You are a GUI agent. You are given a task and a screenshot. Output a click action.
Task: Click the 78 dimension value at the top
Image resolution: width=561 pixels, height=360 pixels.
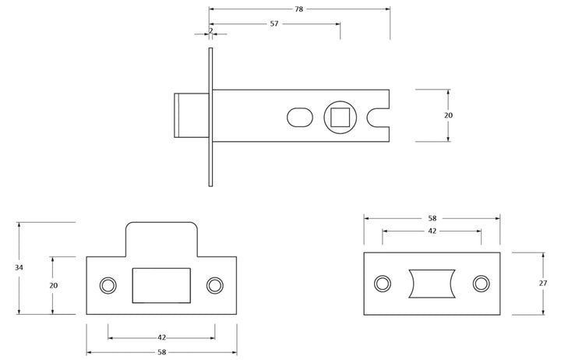[x=298, y=9]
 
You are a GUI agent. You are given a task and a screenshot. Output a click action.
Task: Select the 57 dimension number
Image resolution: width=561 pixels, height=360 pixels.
[x=274, y=24]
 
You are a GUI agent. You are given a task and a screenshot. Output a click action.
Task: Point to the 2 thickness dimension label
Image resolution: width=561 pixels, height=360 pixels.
[x=211, y=30]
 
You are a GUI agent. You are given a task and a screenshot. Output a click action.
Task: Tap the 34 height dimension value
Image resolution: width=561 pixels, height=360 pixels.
[x=19, y=267]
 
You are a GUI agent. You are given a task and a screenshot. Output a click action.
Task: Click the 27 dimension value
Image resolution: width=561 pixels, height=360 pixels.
[x=543, y=283]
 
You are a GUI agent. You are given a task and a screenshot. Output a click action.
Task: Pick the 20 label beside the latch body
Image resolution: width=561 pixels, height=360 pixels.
[x=448, y=115]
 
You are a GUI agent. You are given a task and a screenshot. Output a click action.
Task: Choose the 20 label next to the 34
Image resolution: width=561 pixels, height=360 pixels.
[x=53, y=285]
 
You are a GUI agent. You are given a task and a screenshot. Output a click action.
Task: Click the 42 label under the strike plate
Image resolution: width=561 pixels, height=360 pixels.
[x=162, y=337]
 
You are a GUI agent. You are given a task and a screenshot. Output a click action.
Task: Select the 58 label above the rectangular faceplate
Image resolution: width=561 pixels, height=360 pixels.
[x=432, y=218]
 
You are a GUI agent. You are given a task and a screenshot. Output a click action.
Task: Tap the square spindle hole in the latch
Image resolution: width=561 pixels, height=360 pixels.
[x=340, y=118]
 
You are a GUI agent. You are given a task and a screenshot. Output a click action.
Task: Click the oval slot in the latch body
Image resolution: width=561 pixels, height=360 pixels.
[x=300, y=118]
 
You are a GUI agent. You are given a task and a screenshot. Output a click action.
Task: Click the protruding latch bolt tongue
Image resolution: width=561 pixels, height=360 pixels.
[x=192, y=115]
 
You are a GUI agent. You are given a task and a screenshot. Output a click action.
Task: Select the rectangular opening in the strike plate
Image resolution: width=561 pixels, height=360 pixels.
[x=161, y=285]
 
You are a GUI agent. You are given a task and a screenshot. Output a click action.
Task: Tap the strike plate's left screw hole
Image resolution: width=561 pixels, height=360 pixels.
[x=108, y=285]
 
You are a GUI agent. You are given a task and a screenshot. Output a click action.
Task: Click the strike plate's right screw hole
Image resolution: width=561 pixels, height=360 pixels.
[x=215, y=285]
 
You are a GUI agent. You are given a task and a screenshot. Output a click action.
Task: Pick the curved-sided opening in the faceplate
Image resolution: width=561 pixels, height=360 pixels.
[x=432, y=284]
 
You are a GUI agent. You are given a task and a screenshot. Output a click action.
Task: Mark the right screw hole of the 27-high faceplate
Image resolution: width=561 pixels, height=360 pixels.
[x=482, y=284]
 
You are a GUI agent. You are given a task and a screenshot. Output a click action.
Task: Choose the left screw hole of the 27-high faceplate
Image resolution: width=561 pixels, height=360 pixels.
[x=383, y=284]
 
